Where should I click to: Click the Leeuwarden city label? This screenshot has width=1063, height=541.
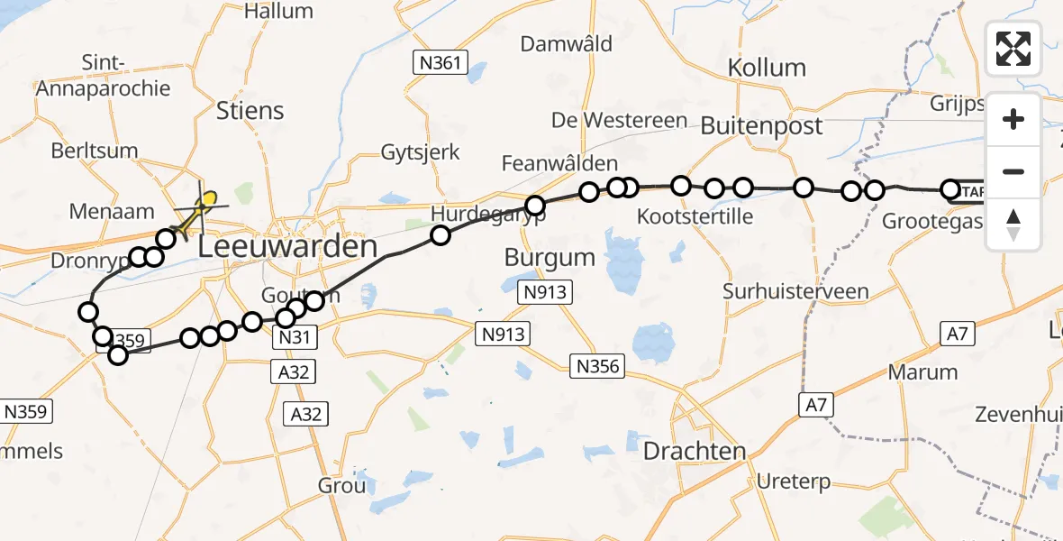[x=286, y=246]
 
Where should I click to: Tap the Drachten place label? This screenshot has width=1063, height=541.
[x=695, y=451]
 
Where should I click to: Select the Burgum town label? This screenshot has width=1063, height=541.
[x=550, y=257]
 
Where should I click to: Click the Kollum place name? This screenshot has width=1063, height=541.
[x=767, y=68]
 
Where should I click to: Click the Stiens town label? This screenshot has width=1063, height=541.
[x=250, y=111]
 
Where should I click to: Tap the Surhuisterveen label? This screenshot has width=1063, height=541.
[x=795, y=291]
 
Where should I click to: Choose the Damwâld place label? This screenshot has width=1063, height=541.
[x=579, y=44]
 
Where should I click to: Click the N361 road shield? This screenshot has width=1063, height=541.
[x=441, y=62]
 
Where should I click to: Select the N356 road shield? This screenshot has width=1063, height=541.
[x=595, y=365]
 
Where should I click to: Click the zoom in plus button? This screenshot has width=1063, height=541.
[x=1013, y=119]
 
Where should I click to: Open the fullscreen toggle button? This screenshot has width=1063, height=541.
[x=1013, y=48]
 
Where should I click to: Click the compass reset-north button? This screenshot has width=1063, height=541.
[x=1013, y=223]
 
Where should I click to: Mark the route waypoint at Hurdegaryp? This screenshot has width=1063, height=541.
[x=535, y=206]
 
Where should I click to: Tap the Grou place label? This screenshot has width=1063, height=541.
[x=342, y=486]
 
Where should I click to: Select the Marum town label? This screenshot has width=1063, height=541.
[x=922, y=372]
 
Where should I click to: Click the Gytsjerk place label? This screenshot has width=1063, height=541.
[x=421, y=151]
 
